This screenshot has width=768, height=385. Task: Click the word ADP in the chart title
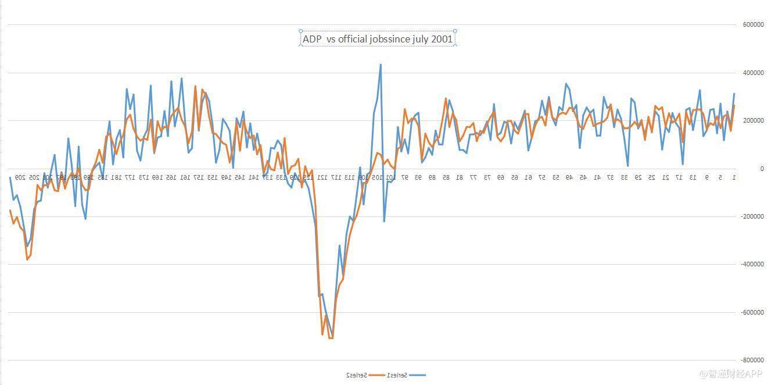(x=311, y=39)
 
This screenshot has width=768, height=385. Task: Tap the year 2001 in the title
(x=442, y=39)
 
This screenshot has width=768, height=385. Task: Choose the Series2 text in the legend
(x=356, y=375)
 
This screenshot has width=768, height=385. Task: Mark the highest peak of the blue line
(x=381, y=65)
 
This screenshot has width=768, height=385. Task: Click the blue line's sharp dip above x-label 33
(x=627, y=166)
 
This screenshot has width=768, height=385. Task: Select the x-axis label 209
(x=19, y=177)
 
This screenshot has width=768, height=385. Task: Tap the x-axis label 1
(x=734, y=177)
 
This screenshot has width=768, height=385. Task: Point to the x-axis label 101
(x=391, y=177)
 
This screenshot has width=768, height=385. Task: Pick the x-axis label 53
(x=556, y=177)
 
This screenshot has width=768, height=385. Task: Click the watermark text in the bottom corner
(x=730, y=373)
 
